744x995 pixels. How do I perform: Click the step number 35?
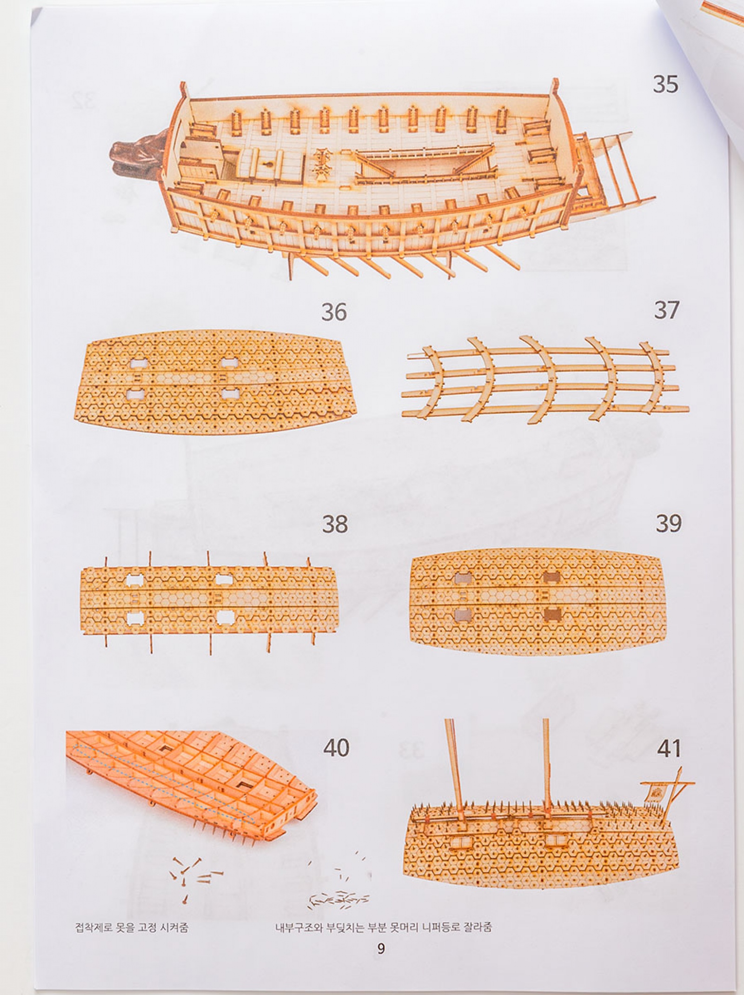665,84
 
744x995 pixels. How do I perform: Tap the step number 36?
334,312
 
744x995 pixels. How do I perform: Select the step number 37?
666,310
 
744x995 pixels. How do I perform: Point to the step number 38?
335,524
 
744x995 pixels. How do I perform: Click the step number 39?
669,523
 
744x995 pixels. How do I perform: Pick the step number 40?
336,748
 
